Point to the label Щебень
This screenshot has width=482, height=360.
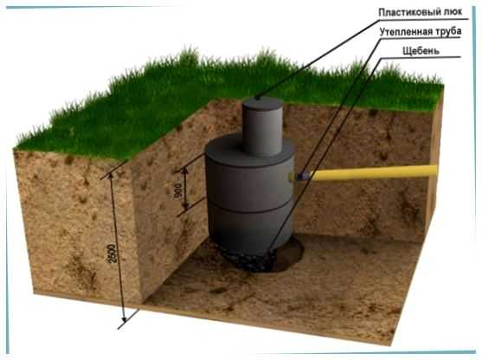(421, 51)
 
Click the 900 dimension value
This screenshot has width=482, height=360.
(178, 190)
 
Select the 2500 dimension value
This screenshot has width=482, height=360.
(112, 254)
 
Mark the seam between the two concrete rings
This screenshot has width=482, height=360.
(249, 209)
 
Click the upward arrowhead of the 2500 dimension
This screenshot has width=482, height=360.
(111, 176)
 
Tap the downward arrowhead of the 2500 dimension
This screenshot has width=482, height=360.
(124, 319)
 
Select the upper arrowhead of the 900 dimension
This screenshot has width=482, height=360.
(185, 170)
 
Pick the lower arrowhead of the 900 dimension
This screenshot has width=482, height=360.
(185, 206)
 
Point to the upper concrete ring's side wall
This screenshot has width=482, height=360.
(249, 184)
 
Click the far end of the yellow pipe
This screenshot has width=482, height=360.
(436, 170)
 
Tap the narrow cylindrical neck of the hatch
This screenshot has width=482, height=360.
(262, 129)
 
